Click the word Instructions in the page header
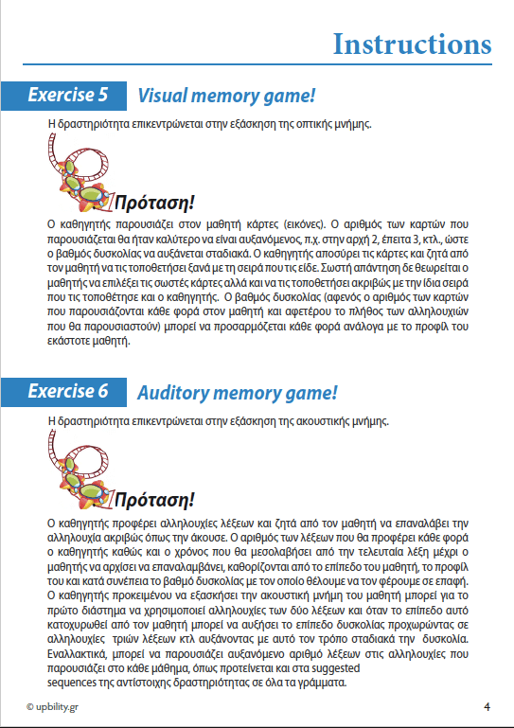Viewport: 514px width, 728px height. point(412,44)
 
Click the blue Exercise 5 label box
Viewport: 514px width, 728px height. point(65,95)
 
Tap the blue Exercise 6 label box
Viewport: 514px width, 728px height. point(65,390)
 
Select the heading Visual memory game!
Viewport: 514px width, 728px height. point(226,96)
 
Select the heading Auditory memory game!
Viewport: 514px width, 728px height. point(238,391)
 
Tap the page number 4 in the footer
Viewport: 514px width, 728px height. point(487,706)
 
